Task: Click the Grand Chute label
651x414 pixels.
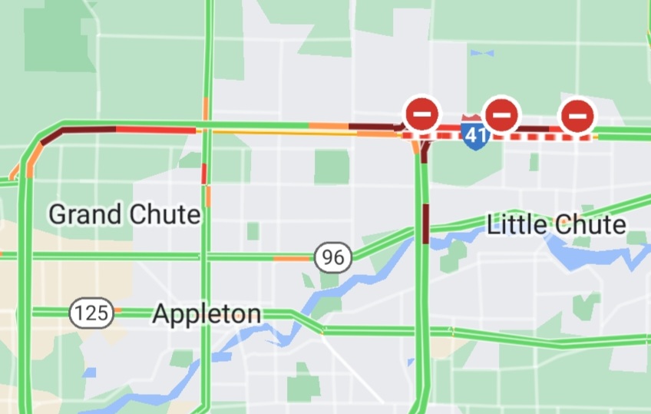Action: click(124, 214)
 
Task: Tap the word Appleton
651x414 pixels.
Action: click(207, 313)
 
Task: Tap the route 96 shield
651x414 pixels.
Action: click(332, 257)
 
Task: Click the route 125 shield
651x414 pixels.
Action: click(92, 313)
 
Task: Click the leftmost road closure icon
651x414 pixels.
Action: click(421, 114)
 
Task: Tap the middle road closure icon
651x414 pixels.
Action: click(501, 115)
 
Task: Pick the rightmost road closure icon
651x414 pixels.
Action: click(577, 116)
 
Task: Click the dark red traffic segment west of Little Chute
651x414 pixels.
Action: click(425, 224)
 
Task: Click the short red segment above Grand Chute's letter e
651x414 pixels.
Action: click(204, 174)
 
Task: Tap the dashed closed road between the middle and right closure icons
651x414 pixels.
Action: click(539, 137)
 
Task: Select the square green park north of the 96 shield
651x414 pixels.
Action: click(331, 167)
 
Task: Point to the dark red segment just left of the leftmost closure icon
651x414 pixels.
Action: click(376, 125)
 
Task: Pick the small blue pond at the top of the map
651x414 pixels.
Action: click(481, 53)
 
